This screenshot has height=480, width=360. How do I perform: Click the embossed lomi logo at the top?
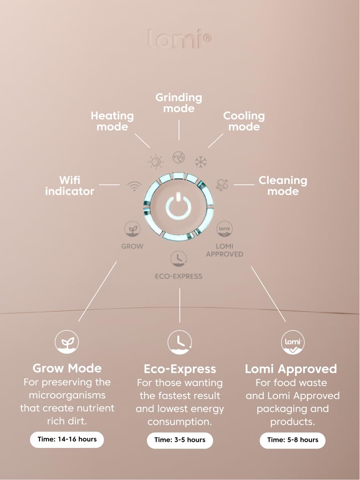[179, 39]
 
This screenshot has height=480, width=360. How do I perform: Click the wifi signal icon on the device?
[135, 186]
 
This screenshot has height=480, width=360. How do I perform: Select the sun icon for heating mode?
[156, 161]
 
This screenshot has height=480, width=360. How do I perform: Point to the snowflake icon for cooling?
[200, 162]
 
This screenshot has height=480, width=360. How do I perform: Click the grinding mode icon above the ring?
[178, 157]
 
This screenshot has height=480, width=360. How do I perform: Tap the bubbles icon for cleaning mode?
[222, 185]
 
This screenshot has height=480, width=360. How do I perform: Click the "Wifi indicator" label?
[69, 186]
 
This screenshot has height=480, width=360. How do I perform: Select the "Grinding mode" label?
[179, 103]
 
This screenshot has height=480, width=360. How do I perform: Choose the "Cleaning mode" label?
[283, 186]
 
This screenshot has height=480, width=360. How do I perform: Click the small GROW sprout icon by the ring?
[132, 229]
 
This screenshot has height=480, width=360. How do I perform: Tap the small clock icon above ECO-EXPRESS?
[179, 259]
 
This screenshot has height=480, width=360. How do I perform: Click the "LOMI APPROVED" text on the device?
[224, 250]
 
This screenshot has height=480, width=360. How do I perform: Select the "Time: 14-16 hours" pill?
[67, 439]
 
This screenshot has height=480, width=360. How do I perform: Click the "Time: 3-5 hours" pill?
[180, 440]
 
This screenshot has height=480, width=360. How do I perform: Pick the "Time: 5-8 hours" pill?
[293, 440]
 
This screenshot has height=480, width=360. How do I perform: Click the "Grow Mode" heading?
[67, 368]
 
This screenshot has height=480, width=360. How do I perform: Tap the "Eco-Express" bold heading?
[180, 369]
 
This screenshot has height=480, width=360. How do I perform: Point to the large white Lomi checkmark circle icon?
[293, 342]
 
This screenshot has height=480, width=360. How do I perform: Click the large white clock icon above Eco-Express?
[180, 342]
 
